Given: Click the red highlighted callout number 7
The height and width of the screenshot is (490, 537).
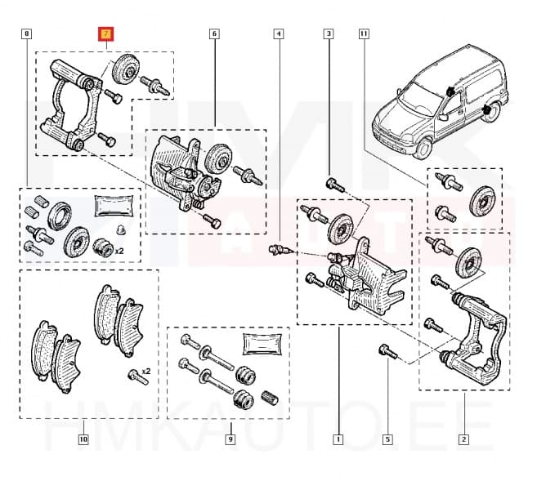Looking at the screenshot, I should [x=106, y=34].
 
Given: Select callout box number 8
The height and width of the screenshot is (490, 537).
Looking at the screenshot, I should [x=27, y=34].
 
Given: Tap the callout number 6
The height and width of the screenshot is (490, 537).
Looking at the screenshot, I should [x=214, y=34].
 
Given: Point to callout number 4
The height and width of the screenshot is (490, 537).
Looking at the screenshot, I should [x=279, y=34].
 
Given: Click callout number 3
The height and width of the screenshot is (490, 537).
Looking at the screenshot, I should [x=329, y=34].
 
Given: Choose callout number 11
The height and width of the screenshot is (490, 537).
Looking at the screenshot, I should [x=364, y=34].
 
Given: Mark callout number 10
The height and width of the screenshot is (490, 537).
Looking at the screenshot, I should [x=83, y=439].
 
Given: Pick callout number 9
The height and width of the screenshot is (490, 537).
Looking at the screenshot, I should [x=230, y=439].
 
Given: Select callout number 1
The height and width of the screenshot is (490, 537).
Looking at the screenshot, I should [x=337, y=439].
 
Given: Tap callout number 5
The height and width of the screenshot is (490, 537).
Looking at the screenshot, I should [x=387, y=439].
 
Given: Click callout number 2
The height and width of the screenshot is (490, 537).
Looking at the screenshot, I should [x=463, y=439].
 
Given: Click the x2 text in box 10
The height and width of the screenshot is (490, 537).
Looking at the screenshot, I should [x=145, y=372].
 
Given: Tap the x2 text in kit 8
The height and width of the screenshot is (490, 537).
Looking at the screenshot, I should [x=119, y=250].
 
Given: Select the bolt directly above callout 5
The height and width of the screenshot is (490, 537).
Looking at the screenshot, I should [x=387, y=352].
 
